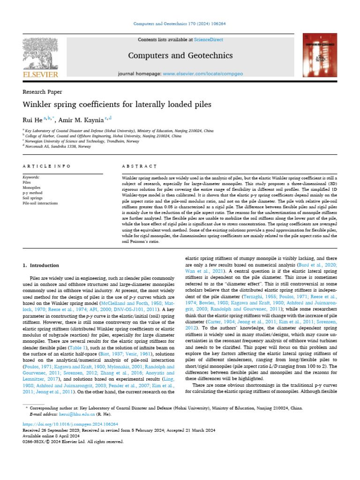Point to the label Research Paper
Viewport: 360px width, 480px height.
pos(42,92)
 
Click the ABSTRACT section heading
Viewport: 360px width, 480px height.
pos(139,166)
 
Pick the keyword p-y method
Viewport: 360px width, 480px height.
pos(33,193)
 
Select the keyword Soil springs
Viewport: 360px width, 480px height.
pos(33,198)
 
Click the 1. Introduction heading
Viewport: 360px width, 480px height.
pos(41,265)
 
